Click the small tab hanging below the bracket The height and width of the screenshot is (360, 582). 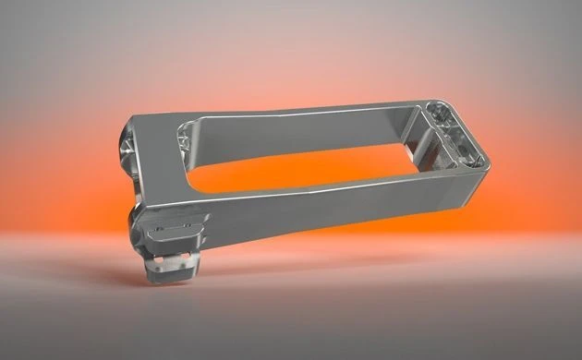[x=170, y=265]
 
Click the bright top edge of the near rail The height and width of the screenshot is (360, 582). [x=305, y=189]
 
